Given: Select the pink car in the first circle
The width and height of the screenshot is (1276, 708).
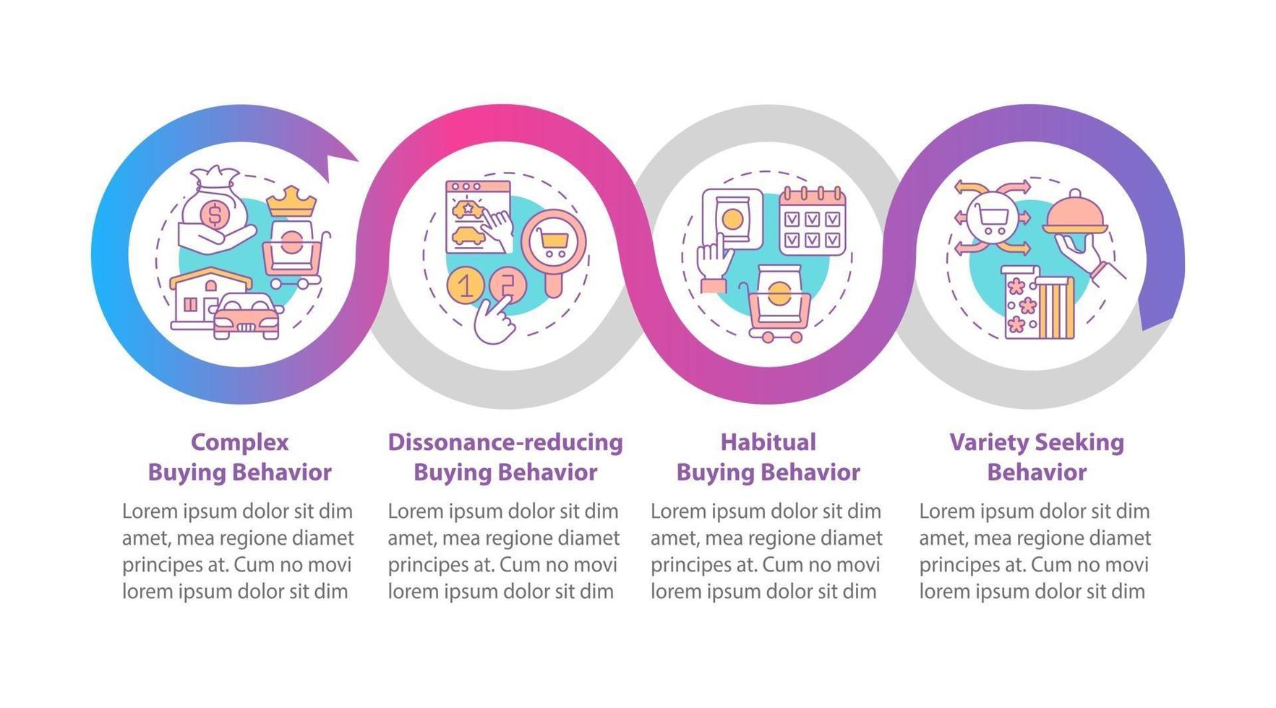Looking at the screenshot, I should click(247, 316).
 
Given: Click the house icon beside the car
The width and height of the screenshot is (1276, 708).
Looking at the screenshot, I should click(201, 298).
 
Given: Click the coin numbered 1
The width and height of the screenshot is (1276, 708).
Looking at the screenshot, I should click(466, 285).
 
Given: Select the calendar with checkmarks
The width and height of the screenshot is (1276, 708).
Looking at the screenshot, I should click(812, 222).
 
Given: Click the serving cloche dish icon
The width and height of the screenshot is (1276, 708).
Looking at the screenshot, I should click(1075, 215).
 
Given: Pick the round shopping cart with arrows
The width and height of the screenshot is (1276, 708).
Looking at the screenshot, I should click(991, 216).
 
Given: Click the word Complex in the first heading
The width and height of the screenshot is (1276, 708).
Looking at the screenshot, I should click(239, 442).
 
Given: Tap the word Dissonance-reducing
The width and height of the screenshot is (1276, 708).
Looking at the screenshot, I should click(505, 442).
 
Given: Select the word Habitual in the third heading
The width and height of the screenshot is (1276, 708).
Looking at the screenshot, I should click(768, 442).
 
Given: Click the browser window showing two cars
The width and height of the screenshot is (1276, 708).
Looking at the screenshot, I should click(478, 216).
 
